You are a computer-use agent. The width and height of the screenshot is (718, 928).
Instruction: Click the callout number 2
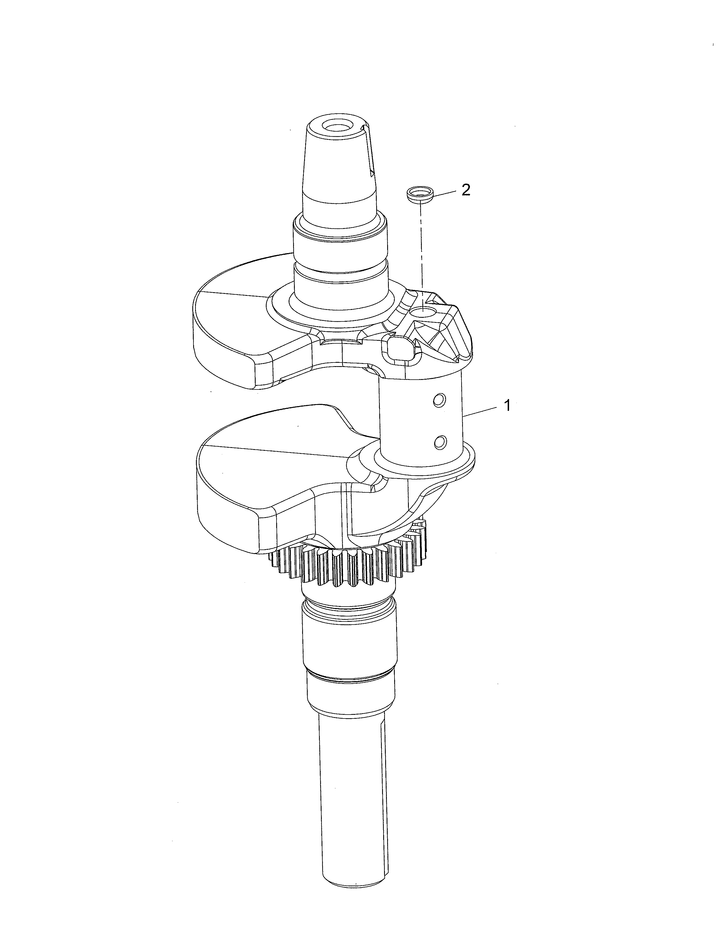[466, 190]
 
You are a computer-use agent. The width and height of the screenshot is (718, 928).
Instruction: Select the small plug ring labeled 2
[418, 194]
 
